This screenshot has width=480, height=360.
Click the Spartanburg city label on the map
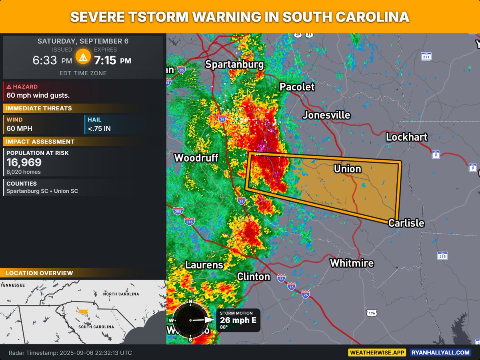(x=234, y=64)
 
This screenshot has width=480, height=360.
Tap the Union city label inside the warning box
(x=347, y=169)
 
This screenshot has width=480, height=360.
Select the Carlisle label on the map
(x=406, y=223)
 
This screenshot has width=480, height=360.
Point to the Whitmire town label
(x=352, y=263)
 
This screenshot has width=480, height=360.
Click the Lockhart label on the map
(x=406, y=137)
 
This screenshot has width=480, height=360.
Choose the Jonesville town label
(x=326, y=115)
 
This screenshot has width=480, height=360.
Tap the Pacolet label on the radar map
(x=297, y=87)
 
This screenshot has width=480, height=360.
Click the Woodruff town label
(x=196, y=158)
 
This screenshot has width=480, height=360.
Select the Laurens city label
(x=204, y=265)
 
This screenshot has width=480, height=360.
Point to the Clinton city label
(x=254, y=276)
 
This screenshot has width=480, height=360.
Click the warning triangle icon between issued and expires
(x=83, y=57)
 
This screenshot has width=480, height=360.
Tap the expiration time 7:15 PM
(x=112, y=60)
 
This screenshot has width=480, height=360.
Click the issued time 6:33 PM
(x=52, y=60)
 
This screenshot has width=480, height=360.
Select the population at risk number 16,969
(x=24, y=162)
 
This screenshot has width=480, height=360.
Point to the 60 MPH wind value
(x=19, y=129)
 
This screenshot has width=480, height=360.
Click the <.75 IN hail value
(x=98, y=129)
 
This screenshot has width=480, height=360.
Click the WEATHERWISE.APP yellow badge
(x=377, y=352)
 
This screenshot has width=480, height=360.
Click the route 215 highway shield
(x=442, y=256)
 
